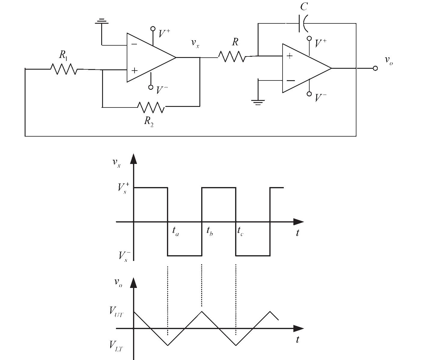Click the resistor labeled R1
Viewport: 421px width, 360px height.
pos(64,69)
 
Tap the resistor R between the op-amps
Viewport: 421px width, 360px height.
pos(231,56)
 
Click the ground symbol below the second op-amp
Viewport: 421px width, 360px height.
pos(258,102)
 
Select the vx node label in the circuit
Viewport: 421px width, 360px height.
pos(195,43)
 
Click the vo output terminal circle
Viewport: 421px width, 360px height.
pos(375,68)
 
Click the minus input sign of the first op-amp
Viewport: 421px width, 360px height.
pos(134,44)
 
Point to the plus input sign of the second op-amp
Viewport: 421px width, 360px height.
pos(289,56)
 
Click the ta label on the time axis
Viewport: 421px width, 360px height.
pos(176,231)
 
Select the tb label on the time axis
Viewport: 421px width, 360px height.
pos(210,231)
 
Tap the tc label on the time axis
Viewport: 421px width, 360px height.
pos(240,231)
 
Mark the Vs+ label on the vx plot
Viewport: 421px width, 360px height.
pos(123,188)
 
